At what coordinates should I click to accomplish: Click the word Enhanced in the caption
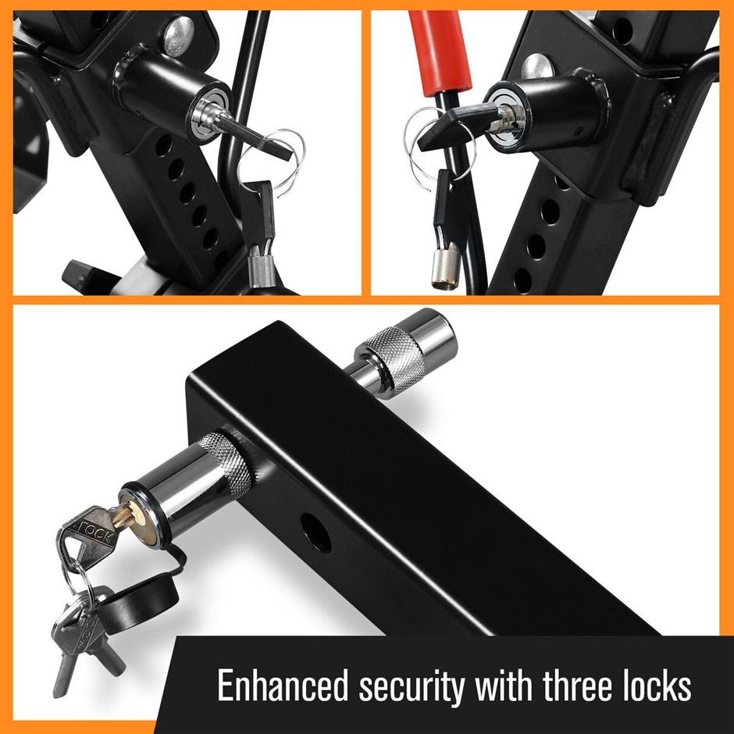(283, 686)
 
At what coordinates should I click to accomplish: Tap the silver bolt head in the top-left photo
(178, 36)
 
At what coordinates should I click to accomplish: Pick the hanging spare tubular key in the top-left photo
(259, 234)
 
